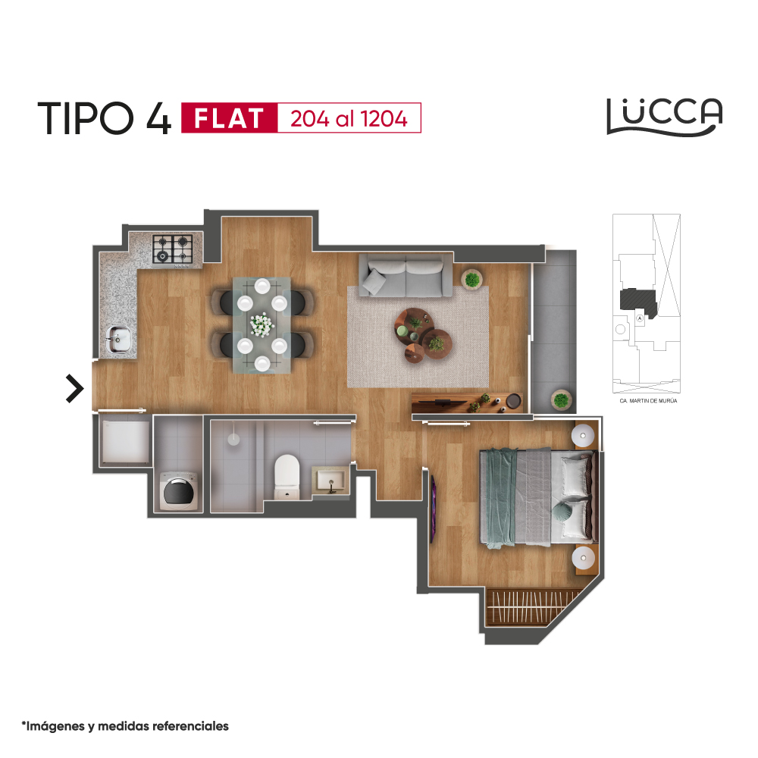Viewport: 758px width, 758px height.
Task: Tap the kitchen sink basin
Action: pos(118,338)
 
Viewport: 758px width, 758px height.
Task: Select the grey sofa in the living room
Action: pos(406,276)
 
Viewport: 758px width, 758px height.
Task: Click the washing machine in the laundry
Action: pos(178,491)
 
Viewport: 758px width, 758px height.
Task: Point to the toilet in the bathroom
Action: pos(287,476)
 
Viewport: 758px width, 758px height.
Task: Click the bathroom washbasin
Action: pos(330,480)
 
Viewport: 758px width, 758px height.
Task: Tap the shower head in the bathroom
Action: pos(233,439)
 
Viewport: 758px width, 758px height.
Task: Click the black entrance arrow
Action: pos(75,388)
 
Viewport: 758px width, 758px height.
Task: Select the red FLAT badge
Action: pos(229,118)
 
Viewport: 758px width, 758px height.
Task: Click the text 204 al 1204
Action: pos(349,119)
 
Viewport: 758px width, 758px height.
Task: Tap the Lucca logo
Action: pos(664,117)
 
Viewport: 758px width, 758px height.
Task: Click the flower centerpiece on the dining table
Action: pos(262,324)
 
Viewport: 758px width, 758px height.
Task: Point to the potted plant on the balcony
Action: pos(561,399)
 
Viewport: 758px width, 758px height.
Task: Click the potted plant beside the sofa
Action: pos(471,279)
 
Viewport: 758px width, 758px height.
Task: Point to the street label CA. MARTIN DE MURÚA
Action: pos(648,401)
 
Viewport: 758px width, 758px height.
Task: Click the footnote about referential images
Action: pos(125,726)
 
